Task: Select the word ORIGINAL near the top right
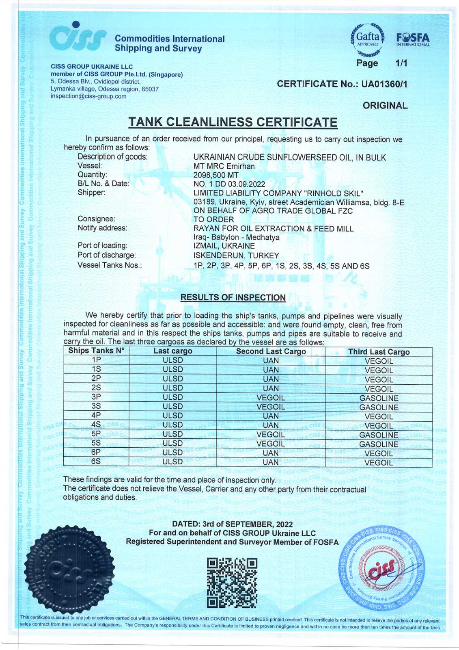point(385,106)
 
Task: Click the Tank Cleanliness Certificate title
point(233,122)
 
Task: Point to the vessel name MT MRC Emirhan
point(224,166)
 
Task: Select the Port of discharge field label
point(106,255)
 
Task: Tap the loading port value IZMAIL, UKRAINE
point(224,246)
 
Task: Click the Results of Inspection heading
point(233,297)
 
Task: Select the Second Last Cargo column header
point(271,351)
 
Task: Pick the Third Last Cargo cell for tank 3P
point(379,398)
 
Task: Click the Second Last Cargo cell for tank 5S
point(271,444)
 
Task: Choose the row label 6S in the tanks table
point(96,461)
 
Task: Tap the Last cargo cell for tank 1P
point(172,360)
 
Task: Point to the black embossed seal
point(69,571)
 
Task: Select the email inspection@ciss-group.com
point(88,96)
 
